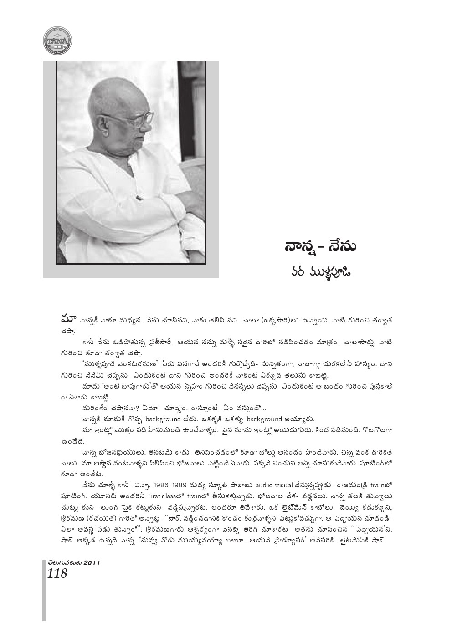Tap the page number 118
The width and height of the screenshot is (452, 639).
[57, 573]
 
